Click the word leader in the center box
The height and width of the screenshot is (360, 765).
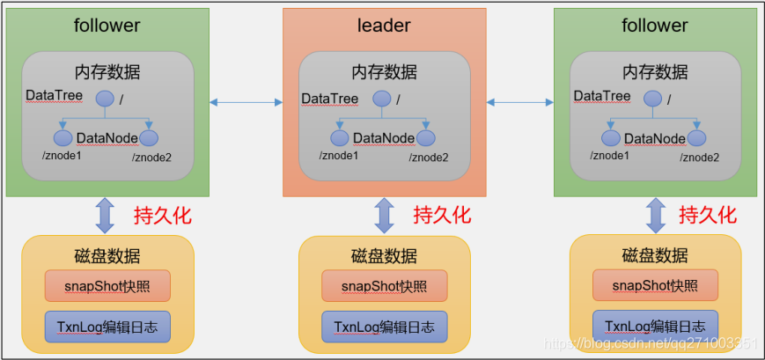coord(384,26)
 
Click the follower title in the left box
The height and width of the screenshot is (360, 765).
coord(107,26)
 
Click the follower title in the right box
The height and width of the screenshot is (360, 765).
coord(654,26)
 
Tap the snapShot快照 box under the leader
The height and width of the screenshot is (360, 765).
coord(384,286)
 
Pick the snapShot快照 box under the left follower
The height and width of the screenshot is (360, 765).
coord(107,286)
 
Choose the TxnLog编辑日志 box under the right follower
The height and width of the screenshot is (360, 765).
coord(655,325)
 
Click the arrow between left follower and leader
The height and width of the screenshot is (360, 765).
coord(246,103)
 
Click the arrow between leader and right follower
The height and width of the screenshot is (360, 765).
coord(520,103)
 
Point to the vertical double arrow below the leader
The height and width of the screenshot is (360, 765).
coord(384,216)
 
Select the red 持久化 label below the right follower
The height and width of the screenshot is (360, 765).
coord(708,215)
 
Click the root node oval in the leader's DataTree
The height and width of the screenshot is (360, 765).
coord(381,99)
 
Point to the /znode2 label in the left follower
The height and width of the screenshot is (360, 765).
coord(151,157)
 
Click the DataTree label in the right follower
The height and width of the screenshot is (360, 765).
coord(602,97)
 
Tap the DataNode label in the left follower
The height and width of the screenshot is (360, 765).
coord(107,138)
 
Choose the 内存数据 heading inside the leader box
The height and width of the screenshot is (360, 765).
coord(384,72)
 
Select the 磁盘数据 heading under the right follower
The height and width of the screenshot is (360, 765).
coord(655,256)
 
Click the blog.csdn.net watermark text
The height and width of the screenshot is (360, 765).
coord(651,342)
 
